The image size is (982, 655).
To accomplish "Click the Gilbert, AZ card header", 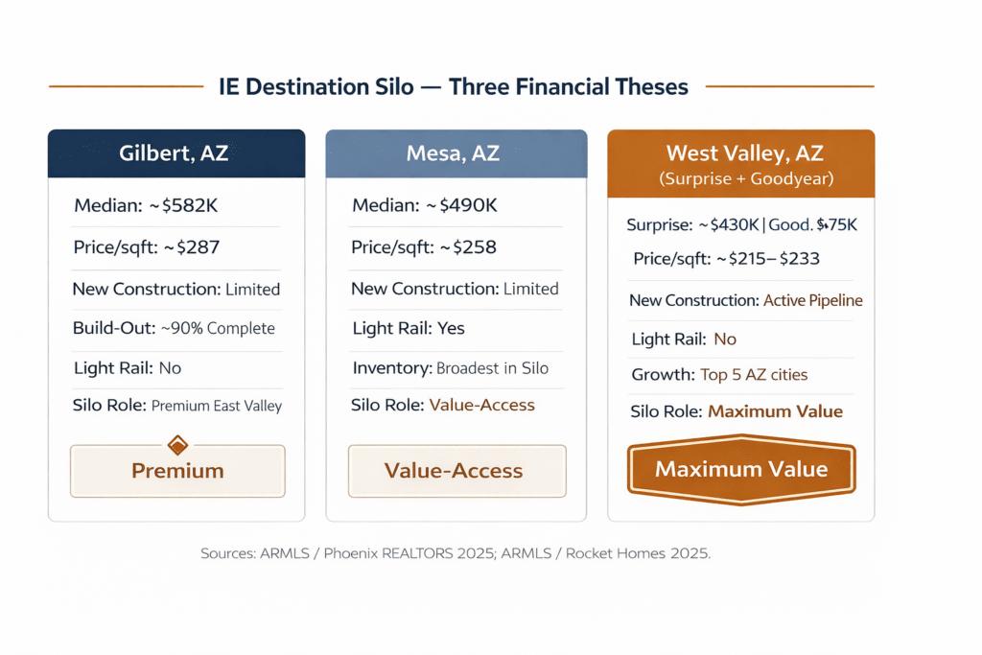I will (x=175, y=153).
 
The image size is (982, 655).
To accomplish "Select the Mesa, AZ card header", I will (x=456, y=153).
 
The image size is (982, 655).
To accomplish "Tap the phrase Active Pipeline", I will (x=812, y=300).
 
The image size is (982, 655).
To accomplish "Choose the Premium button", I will (x=177, y=471).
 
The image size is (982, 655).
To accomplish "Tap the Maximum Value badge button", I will (x=740, y=469).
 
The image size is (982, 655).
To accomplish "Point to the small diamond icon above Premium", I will (x=177, y=444).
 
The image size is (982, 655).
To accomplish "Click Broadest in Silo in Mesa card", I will (x=492, y=367).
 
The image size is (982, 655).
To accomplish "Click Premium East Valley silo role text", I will (x=217, y=406).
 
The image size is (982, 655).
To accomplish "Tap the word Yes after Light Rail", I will (x=451, y=328).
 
